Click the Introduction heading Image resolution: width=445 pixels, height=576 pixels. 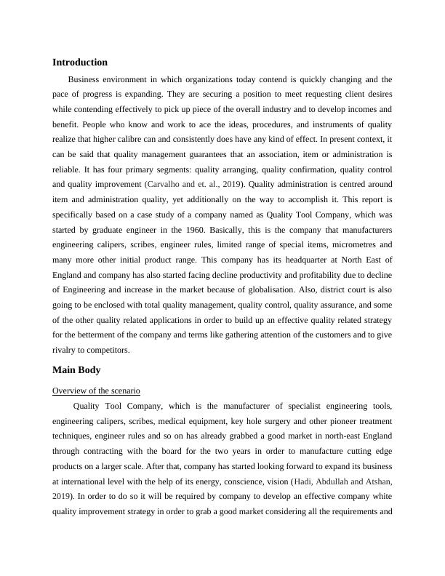click(80, 63)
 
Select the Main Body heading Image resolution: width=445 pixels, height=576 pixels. click(76, 370)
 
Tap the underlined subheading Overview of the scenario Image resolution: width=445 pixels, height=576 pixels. click(96, 391)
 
